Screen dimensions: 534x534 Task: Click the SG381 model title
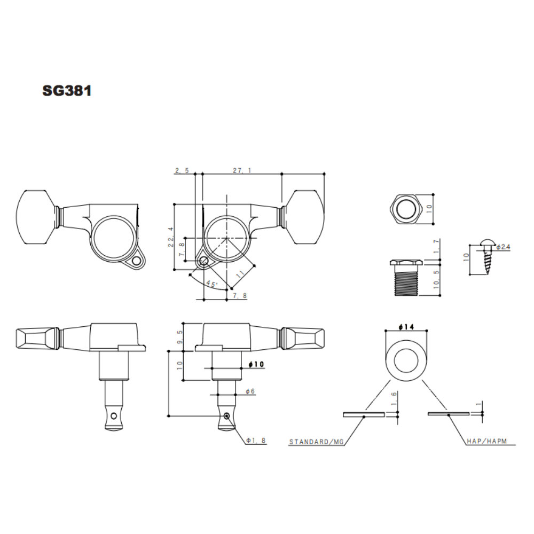[x=67, y=91]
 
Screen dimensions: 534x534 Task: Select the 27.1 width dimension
[x=242, y=170]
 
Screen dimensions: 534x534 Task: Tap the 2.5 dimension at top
[x=182, y=170]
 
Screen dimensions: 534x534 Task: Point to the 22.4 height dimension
[x=171, y=237]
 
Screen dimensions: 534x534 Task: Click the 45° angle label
[x=211, y=284]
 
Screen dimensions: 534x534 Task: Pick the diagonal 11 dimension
[x=241, y=274]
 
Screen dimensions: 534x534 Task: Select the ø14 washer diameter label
[x=406, y=327]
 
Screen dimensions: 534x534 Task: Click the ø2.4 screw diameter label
[x=503, y=247]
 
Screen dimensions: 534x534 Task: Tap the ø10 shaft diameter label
[x=256, y=364]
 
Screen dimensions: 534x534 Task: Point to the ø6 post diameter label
[x=250, y=391]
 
